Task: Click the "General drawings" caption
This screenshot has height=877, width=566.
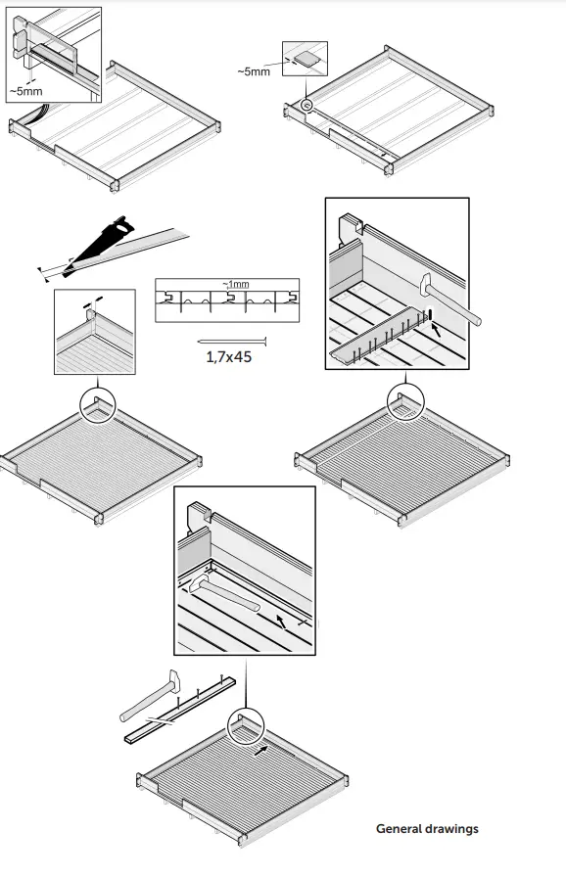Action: (427, 828)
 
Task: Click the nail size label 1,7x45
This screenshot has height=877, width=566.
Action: (229, 356)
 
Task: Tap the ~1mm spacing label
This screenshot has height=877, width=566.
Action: (236, 285)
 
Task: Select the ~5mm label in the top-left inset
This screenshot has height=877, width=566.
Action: (25, 91)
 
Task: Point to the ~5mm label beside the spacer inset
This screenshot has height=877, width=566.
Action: (254, 71)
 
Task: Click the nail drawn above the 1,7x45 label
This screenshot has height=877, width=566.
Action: (232, 341)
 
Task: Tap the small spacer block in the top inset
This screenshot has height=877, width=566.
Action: (306, 59)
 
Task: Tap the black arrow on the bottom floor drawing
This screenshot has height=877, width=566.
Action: (260, 751)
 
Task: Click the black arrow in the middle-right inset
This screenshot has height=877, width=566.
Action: (436, 331)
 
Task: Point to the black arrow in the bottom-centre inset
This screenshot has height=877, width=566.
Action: (282, 621)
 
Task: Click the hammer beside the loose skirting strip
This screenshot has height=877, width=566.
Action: (151, 694)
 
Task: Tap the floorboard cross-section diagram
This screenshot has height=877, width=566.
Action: (227, 300)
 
